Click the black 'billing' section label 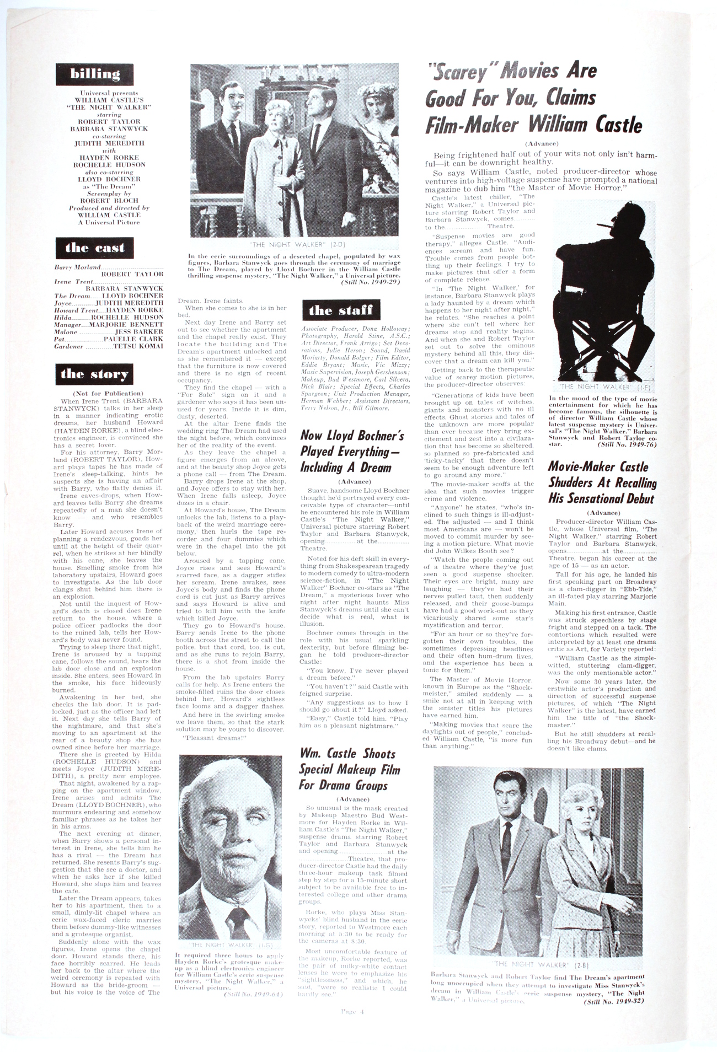pos(95,74)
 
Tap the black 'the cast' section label pos(95,248)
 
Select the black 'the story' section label pos(95,374)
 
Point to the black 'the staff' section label pos(340,310)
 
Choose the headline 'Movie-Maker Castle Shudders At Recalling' pos(602,482)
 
